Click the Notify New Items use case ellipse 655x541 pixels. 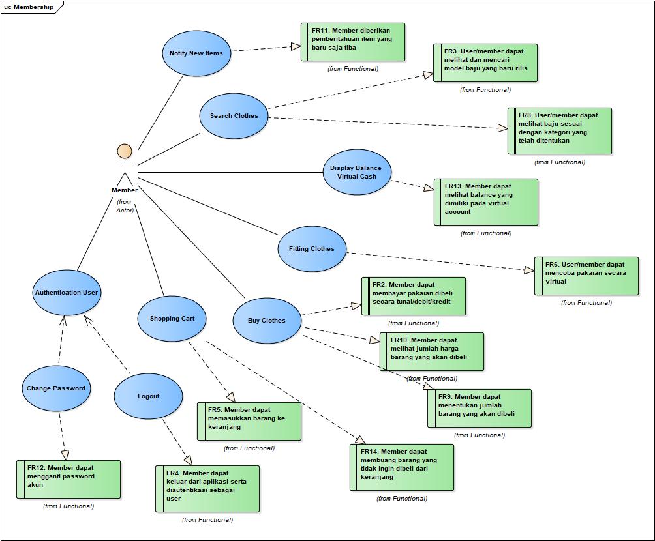[196, 53]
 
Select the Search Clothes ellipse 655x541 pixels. [234, 116]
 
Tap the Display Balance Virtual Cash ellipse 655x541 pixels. [357, 172]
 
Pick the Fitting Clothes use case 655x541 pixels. [311, 249]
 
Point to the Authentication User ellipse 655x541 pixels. [66, 293]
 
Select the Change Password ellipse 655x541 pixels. [55, 388]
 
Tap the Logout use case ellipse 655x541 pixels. [148, 396]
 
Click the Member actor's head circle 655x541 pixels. [124, 151]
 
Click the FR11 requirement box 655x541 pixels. [353, 42]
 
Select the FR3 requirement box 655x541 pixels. [485, 63]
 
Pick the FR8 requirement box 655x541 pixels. [560, 131]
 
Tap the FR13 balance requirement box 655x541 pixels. [486, 202]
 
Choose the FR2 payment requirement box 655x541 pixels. [414, 297]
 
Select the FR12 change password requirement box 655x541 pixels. [69, 480]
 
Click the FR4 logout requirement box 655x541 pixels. [207, 489]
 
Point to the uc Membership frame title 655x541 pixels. [29, 7]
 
